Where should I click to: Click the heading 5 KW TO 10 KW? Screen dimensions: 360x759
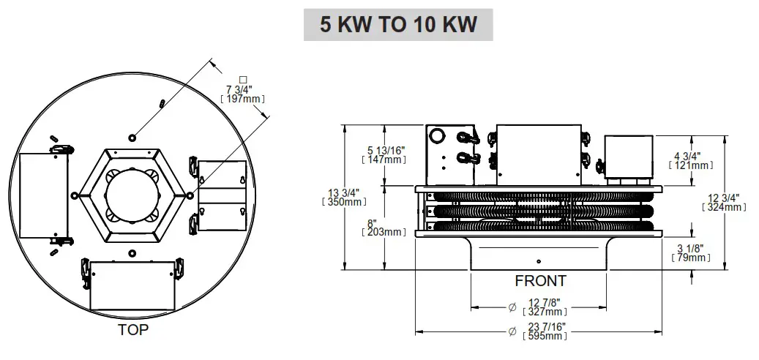click(x=398, y=24)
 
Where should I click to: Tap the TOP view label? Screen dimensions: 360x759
click(x=133, y=330)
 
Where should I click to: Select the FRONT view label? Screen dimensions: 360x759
click(x=540, y=281)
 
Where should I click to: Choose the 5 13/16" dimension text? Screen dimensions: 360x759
click(x=386, y=150)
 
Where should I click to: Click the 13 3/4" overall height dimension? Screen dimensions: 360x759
click(x=343, y=194)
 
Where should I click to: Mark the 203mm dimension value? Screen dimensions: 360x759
click(x=384, y=233)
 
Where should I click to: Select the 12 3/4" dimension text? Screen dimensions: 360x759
click(x=724, y=198)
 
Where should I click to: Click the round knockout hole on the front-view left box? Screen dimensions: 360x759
click(x=438, y=135)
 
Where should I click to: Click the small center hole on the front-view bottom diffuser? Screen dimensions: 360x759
click(x=539, y=261)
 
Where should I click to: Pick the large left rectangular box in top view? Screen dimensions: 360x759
click(x=42, y=195)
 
